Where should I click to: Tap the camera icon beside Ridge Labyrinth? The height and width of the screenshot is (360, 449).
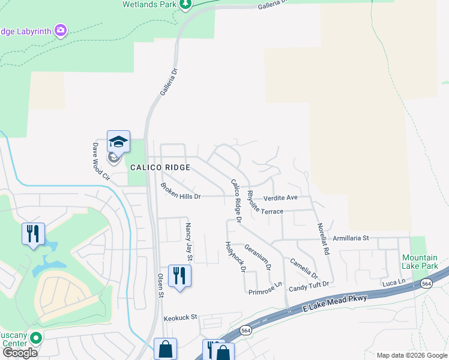coord(60,30)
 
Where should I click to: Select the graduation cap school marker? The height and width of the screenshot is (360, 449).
coord(118,142)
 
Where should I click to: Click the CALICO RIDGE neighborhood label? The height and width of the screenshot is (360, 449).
coord(160,167)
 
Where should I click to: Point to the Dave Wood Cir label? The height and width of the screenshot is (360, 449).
coord(100,161)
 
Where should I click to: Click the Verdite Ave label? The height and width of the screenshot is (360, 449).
coord(280,197)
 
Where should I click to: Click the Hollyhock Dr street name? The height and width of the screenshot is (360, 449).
coord(235,257)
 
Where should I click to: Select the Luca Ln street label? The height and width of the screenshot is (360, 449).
coord(394,281)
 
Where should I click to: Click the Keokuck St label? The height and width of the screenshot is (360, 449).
coord(181,317)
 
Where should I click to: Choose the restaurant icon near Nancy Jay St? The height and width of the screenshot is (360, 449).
coord(179,276)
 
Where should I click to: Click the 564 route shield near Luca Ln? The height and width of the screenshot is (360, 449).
coord(427,283)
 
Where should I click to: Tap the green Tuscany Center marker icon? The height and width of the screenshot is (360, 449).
coord(35,338)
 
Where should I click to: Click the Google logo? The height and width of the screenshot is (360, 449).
coord(20,352)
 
